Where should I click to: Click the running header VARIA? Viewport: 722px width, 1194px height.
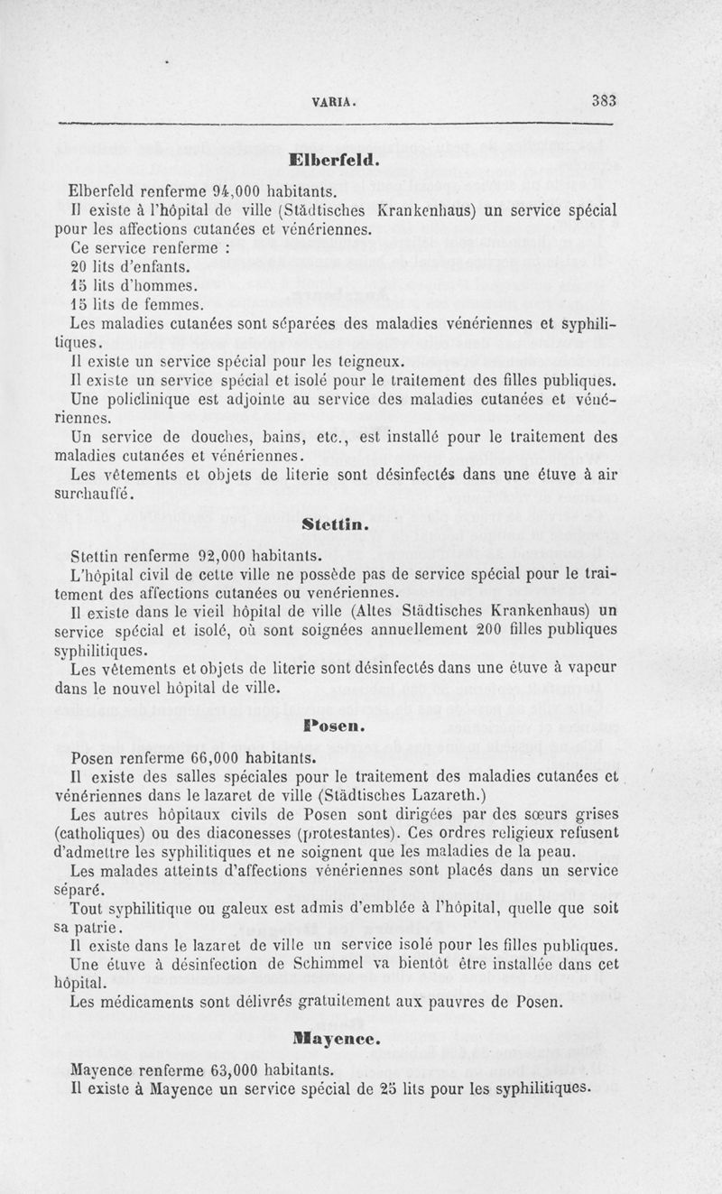coord(333,102)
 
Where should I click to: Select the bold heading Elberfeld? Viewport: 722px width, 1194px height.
coord(334,162)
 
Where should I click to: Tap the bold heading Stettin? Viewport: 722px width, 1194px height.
coord(334,523)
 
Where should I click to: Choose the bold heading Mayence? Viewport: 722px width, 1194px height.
coord(334,1039)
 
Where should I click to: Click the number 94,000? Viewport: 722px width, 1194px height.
coord(217,191)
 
